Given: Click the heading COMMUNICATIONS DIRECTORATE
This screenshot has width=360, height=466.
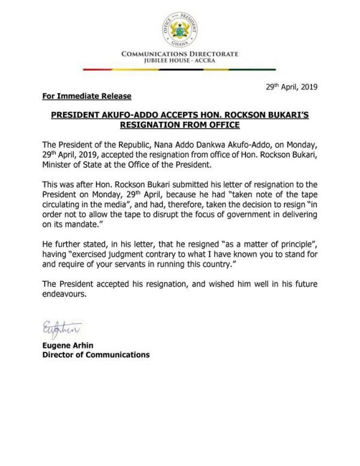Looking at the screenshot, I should point(180,54).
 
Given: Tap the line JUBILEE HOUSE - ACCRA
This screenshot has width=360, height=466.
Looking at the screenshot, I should point(180,61).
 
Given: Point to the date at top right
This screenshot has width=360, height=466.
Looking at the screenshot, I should point(292,87).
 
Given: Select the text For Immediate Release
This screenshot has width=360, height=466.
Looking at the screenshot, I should point(87,97).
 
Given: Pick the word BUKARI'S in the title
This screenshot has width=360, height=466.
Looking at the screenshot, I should point(287,115).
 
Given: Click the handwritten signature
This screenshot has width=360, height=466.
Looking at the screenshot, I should point(62,327).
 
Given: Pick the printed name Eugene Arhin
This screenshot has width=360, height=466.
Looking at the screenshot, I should point(70,345).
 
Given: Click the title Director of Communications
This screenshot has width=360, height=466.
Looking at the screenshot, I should point(96,355).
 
